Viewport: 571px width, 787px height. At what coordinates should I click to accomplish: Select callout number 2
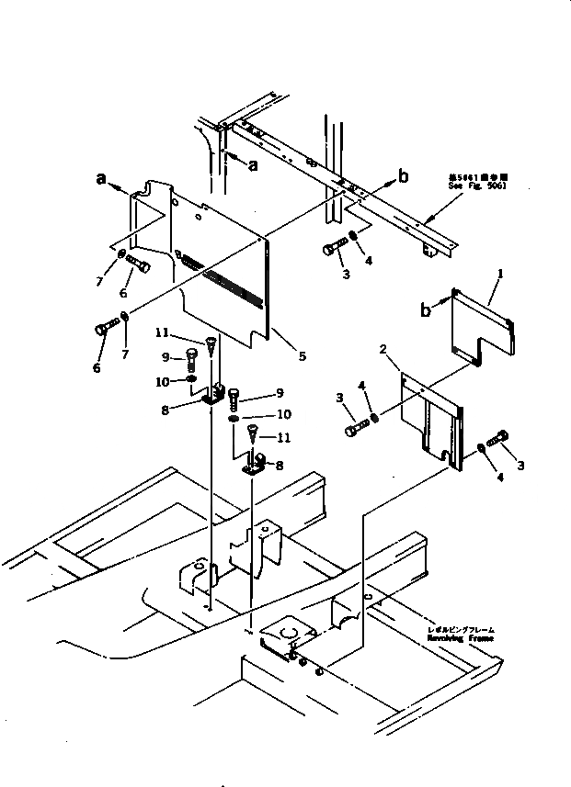(383, 349)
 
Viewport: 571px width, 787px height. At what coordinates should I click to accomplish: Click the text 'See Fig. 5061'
(477, 186)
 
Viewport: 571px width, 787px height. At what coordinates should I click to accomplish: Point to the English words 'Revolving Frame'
(460, 638)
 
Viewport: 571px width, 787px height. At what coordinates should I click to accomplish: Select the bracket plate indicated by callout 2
(432, 418)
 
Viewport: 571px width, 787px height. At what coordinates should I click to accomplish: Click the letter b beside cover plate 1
(426, 310)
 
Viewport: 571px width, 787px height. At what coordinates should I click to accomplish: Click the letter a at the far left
(101, 180)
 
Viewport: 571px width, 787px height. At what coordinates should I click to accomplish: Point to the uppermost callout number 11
(161, 332)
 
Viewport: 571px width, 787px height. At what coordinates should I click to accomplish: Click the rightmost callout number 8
(280, 466)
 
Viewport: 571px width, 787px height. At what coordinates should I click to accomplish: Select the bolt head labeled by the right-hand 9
(234, 396)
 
